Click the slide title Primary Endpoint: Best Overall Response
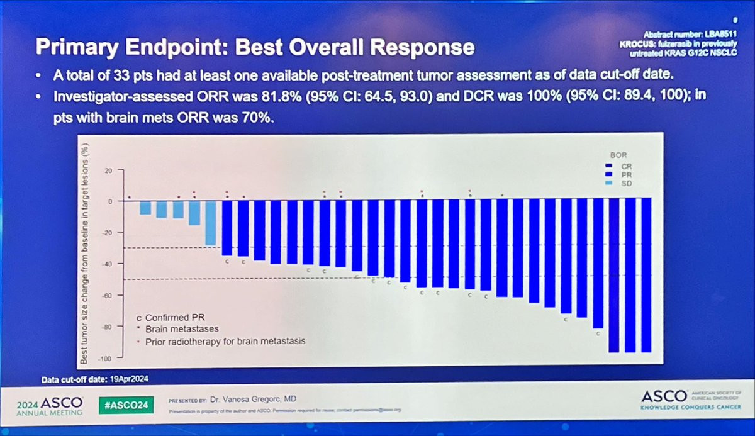coord(254,47)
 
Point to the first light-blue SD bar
coord(145,208)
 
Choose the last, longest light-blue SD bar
coord(210,222)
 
